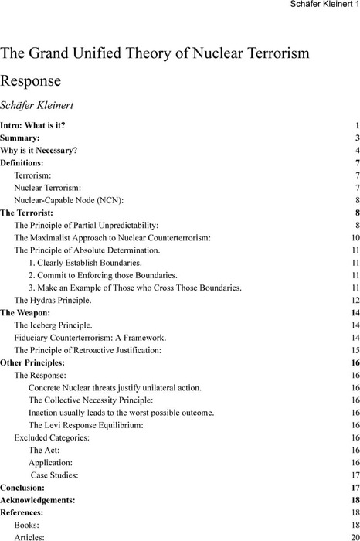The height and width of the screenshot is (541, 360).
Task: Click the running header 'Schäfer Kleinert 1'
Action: click(318, 6)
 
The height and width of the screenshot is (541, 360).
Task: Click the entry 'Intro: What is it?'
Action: click(32, 125)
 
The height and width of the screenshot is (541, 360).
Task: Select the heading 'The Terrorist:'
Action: click(26, 213)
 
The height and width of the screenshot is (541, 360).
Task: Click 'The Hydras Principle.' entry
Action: click(53, 300)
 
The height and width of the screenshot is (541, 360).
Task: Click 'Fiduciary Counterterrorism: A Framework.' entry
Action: click(90, 338)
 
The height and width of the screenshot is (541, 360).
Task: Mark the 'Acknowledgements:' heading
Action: click(38, 500)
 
